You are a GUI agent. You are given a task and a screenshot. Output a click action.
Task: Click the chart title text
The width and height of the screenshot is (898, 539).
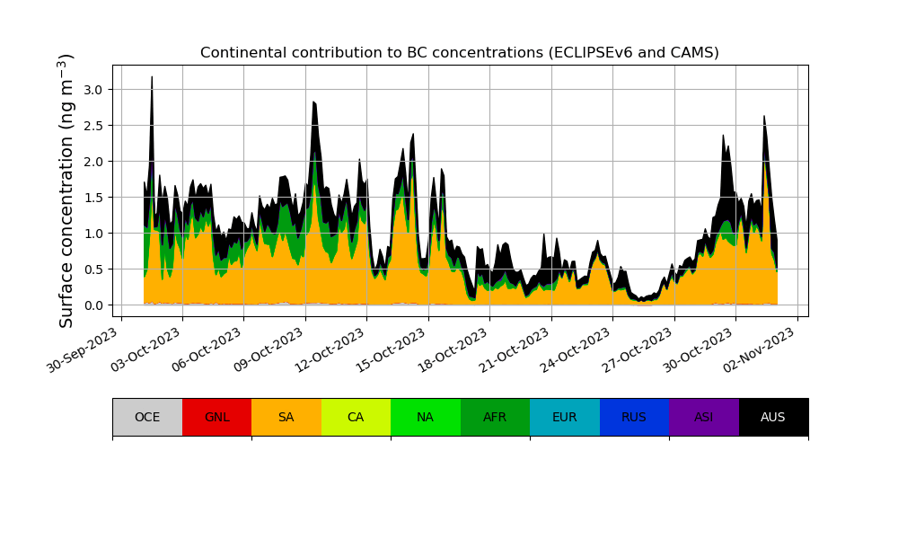tap(459, 53)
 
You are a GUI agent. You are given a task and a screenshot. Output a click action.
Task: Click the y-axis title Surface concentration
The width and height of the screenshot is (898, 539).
tap(66, 190)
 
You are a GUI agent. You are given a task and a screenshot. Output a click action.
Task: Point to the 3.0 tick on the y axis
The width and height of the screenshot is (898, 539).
tap(93, 90)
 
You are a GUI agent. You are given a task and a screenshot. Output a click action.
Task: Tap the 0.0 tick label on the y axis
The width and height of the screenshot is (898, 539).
tap(93, 305)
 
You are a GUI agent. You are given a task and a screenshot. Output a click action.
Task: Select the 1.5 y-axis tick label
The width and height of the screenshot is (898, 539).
tap(93, 198)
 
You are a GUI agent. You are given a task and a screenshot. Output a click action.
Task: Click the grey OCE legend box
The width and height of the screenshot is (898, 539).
tap(147, 417)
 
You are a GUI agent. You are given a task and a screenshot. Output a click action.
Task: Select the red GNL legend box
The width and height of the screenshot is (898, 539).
tap(216, 417)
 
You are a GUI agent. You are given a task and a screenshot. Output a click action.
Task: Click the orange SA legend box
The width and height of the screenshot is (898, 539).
tap(286, 417)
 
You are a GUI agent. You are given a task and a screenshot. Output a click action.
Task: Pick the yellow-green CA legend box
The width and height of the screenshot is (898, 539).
tap(356, 417)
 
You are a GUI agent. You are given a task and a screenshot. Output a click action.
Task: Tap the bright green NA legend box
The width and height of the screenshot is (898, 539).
tap(426, 417)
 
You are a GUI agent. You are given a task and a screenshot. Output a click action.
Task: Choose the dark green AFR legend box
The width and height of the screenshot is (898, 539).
tap(495, 417)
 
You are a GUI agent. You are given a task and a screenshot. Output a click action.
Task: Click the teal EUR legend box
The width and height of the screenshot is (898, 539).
tap(565, 417)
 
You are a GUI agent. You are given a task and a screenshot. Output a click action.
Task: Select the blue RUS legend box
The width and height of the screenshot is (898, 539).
tap(634, 417)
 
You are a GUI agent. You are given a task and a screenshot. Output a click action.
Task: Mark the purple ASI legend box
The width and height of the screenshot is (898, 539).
tap(704, 417)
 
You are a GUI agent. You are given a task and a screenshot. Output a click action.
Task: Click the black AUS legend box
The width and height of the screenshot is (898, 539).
tap(773, 417)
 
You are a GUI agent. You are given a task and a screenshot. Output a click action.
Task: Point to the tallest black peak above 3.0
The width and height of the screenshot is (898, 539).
tap(152, 79)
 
